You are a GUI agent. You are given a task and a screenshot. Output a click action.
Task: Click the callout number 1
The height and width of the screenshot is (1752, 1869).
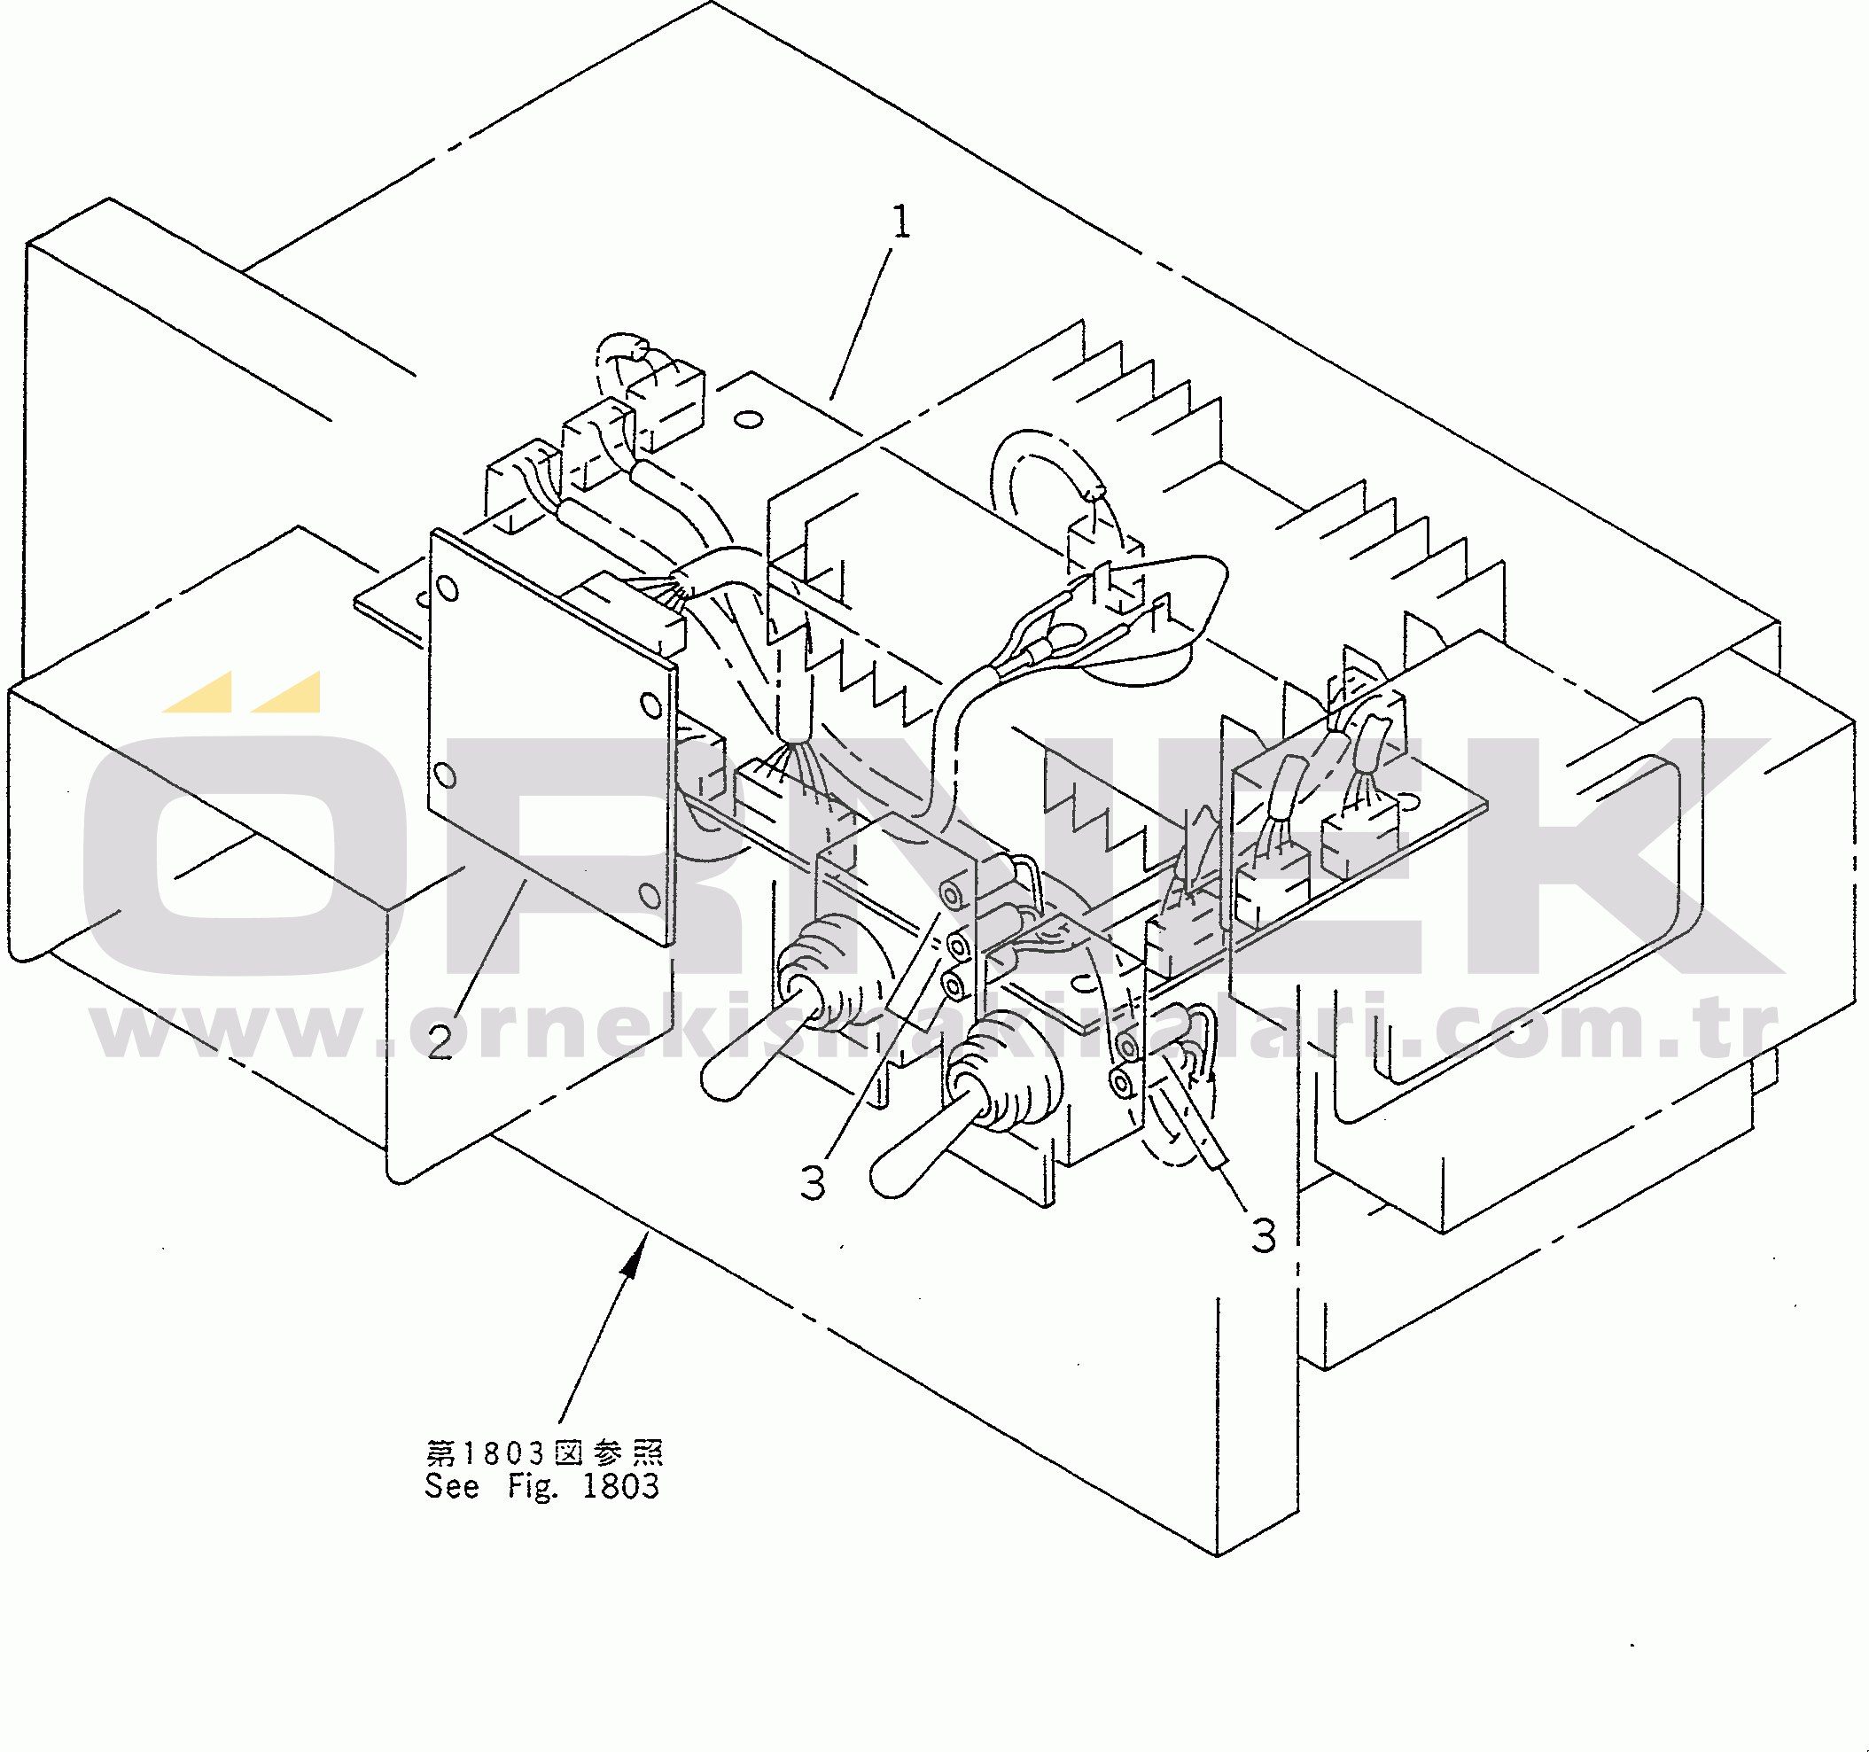click(x=900, y=222)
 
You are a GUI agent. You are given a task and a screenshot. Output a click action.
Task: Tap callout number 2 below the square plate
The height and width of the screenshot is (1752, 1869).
click(x=440, y=1041)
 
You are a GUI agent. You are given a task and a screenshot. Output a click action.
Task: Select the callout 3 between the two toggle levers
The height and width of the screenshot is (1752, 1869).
click(x=814, y=1182)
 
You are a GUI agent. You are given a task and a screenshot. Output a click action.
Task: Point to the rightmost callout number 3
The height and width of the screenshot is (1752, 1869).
click(x=1265, y=1236)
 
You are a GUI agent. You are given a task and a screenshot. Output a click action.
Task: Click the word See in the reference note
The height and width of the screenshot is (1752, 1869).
click(x=451, y=1486)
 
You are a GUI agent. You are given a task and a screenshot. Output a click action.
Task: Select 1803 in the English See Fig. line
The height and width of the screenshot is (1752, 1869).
click(x=620, y=1486)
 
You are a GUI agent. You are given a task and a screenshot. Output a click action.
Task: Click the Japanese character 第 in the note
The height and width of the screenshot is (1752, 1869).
click(x=440, y=1453)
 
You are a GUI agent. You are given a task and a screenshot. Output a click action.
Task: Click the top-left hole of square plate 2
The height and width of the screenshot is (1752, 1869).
click(x=448, y=589)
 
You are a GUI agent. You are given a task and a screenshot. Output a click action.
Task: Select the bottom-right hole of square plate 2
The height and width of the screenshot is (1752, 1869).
click(x=649, y=895)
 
